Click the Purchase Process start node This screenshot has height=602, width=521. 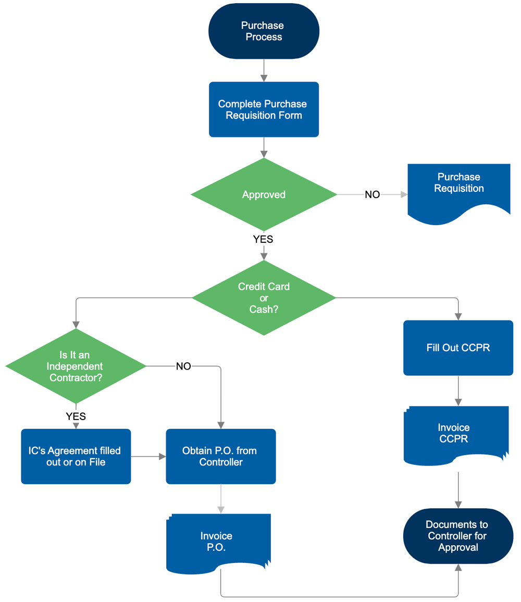[264, 31]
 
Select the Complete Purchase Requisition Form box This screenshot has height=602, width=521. [264, 109]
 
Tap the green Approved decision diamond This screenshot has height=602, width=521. [264, 194]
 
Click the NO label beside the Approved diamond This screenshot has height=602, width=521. [372, 195]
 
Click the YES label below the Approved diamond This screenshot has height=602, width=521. [263, 240]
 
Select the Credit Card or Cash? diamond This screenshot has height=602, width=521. [264, 298]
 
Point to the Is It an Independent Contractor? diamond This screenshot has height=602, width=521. [76, 366]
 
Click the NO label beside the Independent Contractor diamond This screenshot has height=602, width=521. [183, 366]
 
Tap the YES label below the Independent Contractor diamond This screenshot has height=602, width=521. [76, 416]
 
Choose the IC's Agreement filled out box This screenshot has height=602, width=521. [76, 456]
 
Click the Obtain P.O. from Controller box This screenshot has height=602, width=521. [221, 456]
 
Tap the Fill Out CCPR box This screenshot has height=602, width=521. [458, 348]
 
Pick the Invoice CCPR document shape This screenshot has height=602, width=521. [456, 433]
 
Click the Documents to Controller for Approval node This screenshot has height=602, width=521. [458, 536]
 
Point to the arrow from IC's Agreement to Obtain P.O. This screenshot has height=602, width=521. [148, 457]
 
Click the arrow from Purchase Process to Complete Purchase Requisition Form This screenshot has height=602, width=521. [264, 70]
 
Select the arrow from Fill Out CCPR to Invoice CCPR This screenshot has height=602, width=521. [458, 390]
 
